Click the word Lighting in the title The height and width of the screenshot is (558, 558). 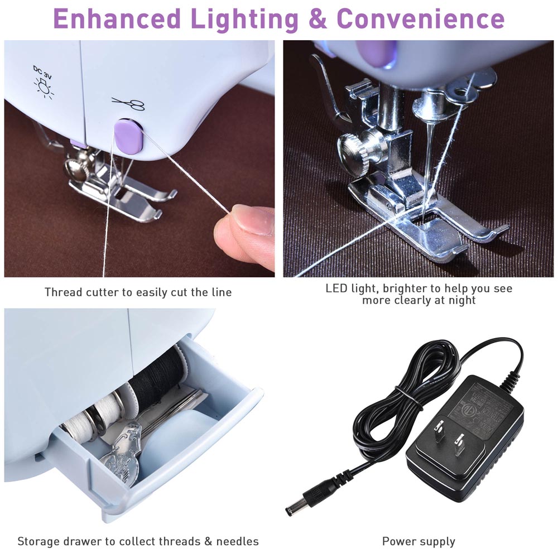point(244,18)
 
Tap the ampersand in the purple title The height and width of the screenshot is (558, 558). point(318,18)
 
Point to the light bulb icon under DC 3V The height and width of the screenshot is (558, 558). point(41,87)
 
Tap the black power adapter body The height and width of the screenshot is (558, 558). point(463,430)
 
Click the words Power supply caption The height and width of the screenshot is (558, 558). point(419,541)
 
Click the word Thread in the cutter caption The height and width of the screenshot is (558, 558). point(62,292)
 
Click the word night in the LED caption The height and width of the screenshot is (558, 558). point(462,301)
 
